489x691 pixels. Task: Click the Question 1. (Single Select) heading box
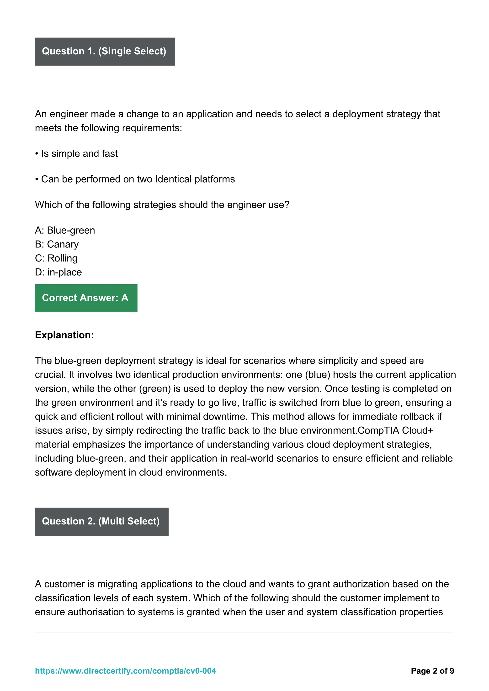tap(105, 52)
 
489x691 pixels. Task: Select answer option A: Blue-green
tap(65, 230)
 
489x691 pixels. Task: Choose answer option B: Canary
tap(57, 244)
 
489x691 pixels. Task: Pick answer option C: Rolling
tap(56, 258)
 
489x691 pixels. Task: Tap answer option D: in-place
tap(58, 272)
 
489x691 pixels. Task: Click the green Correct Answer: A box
tap(86, 298)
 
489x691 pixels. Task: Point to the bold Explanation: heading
tap(64, 335)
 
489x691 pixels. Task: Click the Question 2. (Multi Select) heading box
tap(101, 521)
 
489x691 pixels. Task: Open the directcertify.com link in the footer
tap(125, 671)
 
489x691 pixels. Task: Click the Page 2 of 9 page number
tap(432, 671)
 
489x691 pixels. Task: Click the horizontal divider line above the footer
tap(244, 633)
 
